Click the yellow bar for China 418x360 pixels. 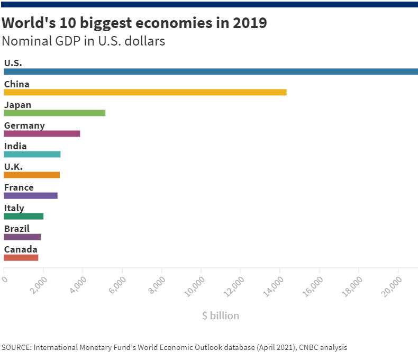145,92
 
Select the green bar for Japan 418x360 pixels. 54,113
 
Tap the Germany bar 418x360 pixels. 42,133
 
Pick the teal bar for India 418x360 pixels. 32,154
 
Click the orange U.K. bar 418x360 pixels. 32,175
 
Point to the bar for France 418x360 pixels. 31,195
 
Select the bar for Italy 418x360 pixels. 24,216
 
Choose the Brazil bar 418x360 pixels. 22,237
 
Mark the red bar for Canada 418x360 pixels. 21,257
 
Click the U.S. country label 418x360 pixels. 13,63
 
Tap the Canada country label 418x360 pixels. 21,249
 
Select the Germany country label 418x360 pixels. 24,125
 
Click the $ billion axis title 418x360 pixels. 221,316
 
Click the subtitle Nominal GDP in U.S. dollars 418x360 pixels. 84,41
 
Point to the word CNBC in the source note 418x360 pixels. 309,348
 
